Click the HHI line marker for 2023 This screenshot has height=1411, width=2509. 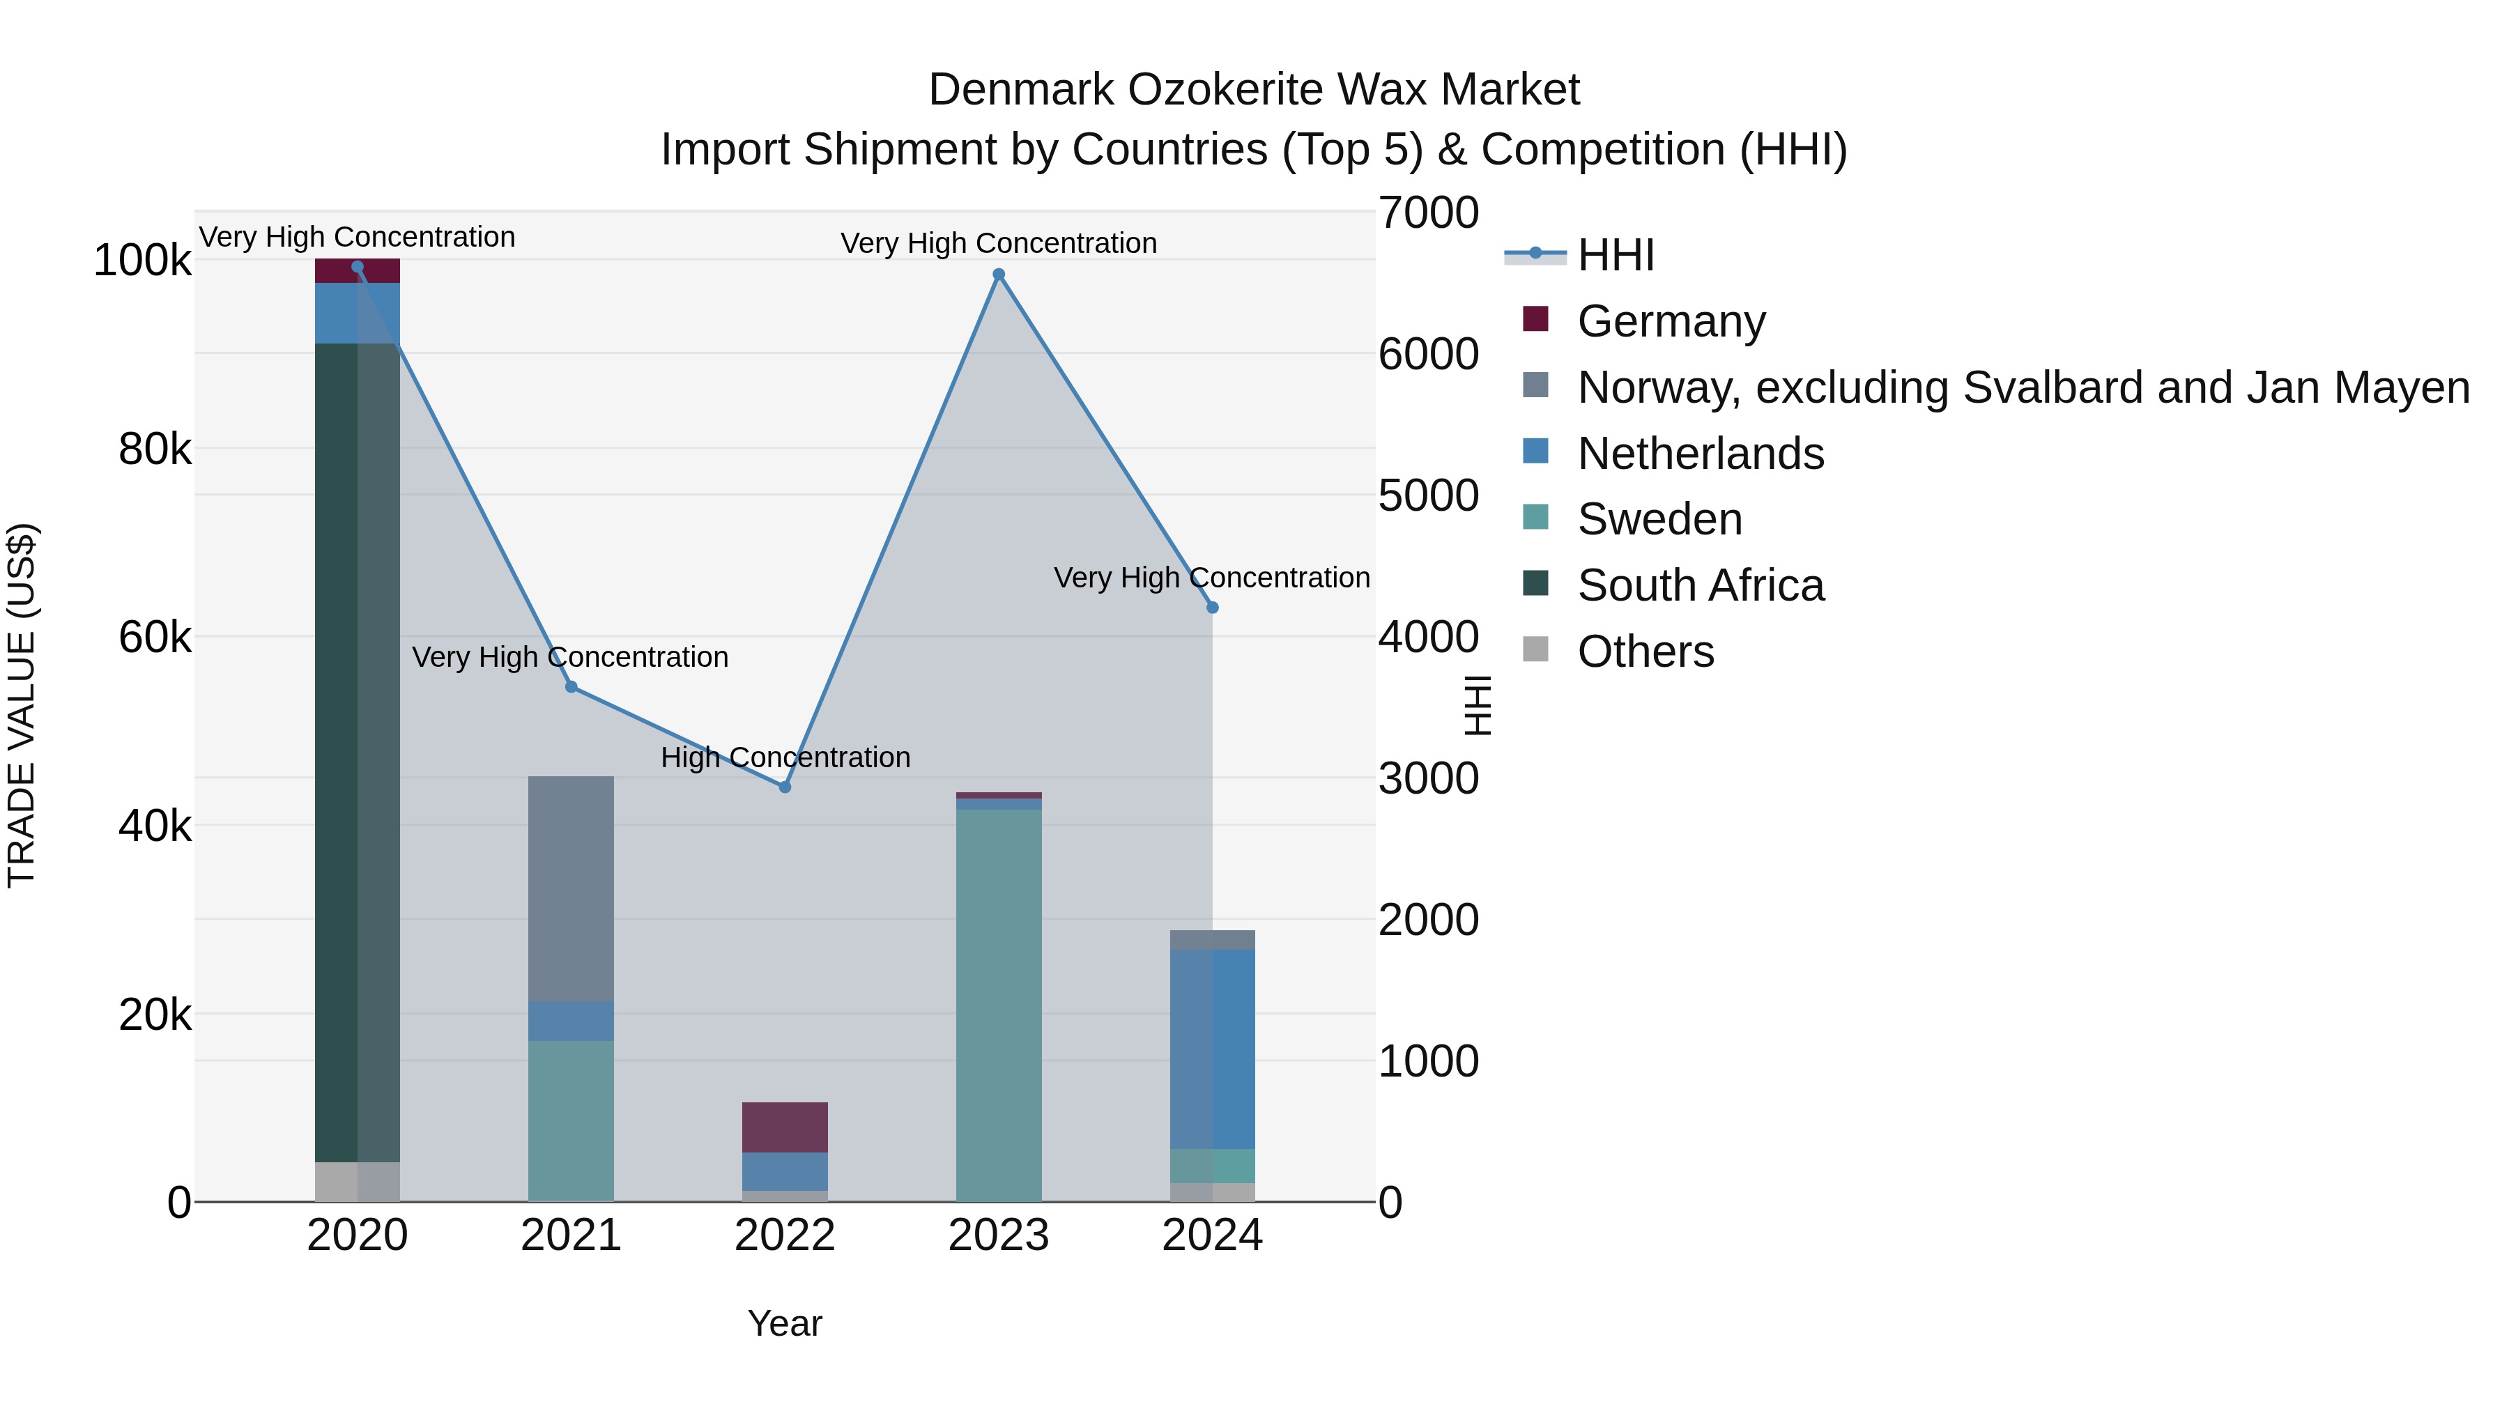pyautogui.click(x=998, y=275)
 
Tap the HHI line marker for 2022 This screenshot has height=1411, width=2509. pyautogui.click(x=785, y=787)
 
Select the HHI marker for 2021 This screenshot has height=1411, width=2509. pyautogui.click(x=571, y=688)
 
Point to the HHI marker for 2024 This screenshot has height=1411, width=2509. pyautogui.click(x=1213, y=608)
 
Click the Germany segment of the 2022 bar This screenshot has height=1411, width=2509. pyautogui.click(x=785, y=1127)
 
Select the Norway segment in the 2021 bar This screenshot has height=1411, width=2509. pyautogui.click(x=571, y=888)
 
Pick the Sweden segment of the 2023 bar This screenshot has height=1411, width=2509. pyautogui.click(x=998, y=1005)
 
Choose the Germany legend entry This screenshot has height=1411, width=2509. pyautogui.click(x=1671, y=321)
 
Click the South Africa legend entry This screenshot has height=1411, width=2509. pyautogui.click(x=1700, y=585)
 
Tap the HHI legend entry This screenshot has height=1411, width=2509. pyautogui.click(x=1616, y=255)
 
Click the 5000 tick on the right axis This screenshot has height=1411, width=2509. pyautogui.click(x=1429, y=495)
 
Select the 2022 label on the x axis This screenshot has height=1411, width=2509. pyautogui.click(x=785, y=1235)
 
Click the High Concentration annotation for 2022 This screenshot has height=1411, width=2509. pyautogui.click(x=785, y=757)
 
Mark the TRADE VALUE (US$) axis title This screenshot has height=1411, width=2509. pyautogui.click(x=22, y=705)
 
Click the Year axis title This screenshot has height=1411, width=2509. pyautogui.click(x=785, y=1323)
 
